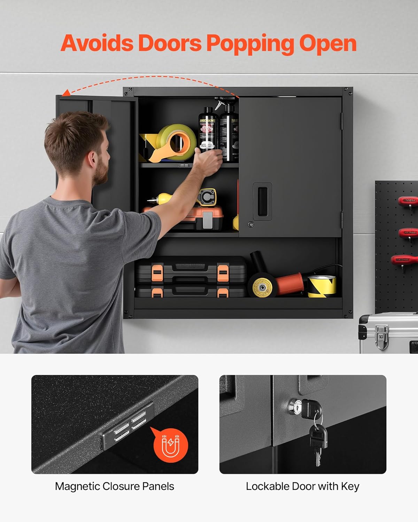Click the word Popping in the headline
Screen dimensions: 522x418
(249, 44)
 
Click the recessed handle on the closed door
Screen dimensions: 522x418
(262, 201)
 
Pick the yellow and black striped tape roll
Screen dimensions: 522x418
(322, 286)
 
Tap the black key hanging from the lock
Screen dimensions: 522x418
(318, 438)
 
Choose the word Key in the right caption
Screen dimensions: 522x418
(350, 486)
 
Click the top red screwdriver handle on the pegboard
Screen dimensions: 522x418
(408, 201)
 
